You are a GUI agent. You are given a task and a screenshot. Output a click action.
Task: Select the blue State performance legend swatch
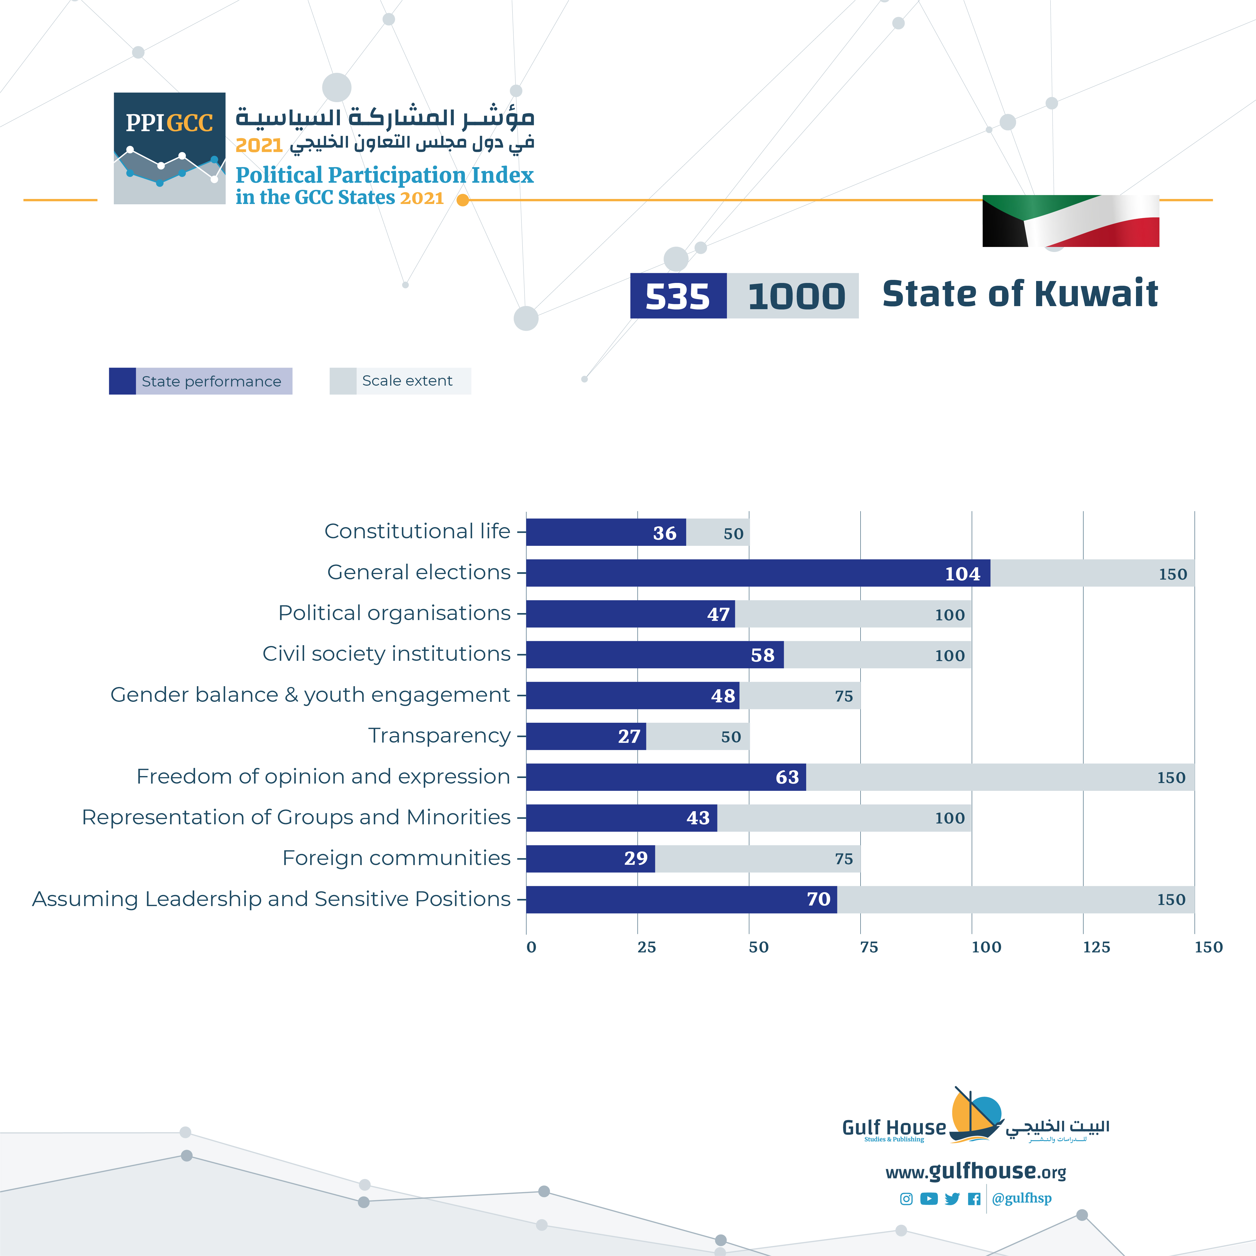(x=122, y=381)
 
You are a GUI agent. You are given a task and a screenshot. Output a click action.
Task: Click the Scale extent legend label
(x=407, y=381)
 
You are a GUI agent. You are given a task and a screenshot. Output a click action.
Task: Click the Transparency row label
(x=439, y=735)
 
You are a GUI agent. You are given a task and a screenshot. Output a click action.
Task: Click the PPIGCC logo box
(x=170, y=148)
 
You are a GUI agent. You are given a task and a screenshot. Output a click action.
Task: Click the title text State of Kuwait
(x=1019, y=294)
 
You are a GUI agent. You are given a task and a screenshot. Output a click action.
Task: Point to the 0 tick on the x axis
(x=531, y=947)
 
